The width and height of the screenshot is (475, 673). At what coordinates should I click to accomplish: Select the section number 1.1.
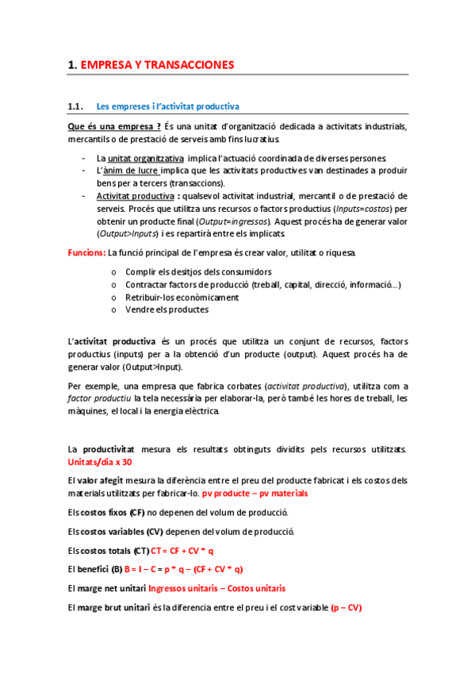click(x=76, y=106)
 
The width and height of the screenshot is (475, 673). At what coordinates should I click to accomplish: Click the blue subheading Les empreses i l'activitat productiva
click(x=167, y=106)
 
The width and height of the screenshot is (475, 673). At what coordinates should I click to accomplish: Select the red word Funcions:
click(x=86, y=252)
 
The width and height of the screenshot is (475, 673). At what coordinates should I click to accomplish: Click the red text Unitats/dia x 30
click(x=100, y=462)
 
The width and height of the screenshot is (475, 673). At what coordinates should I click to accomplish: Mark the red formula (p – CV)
click(x=346, y=608)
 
